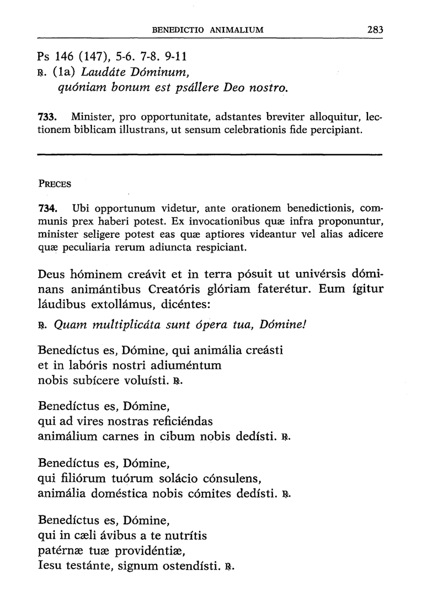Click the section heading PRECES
55,184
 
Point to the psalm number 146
65,56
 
